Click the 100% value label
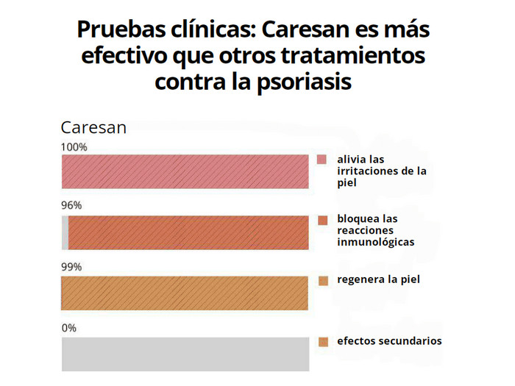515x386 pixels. point(74,147)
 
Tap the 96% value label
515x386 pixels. point(71,206)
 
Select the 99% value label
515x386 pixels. point(71,267)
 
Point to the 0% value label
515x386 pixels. point(68,328)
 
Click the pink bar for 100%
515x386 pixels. point(185,174)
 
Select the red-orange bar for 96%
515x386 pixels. point(188,233)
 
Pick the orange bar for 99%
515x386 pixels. point(185,293)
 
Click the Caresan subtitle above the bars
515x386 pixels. point(93,127)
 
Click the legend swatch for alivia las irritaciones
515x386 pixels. point(322,160)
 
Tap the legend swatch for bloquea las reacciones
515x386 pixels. point(322,220)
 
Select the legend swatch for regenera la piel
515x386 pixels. point(322,280)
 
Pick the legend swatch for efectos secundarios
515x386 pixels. point(322,341)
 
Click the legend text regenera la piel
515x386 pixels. point(378,279)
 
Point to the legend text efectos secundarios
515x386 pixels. point(389,340)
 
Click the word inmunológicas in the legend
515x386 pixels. point(375,242)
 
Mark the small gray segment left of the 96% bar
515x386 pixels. point(65,233)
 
